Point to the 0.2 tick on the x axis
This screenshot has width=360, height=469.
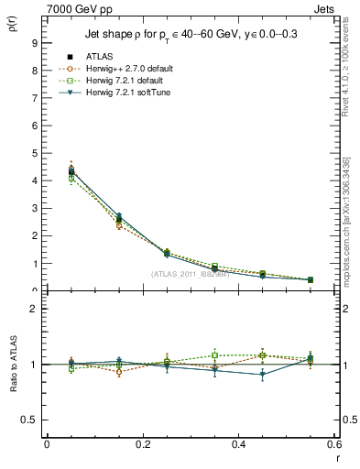click(x=142, y=444)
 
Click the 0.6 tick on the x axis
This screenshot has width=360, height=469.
click(x=333, y=444)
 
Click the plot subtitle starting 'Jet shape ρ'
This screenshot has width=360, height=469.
click(x=187, y=35)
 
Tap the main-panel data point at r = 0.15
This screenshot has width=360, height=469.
click(x=118, y=218)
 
